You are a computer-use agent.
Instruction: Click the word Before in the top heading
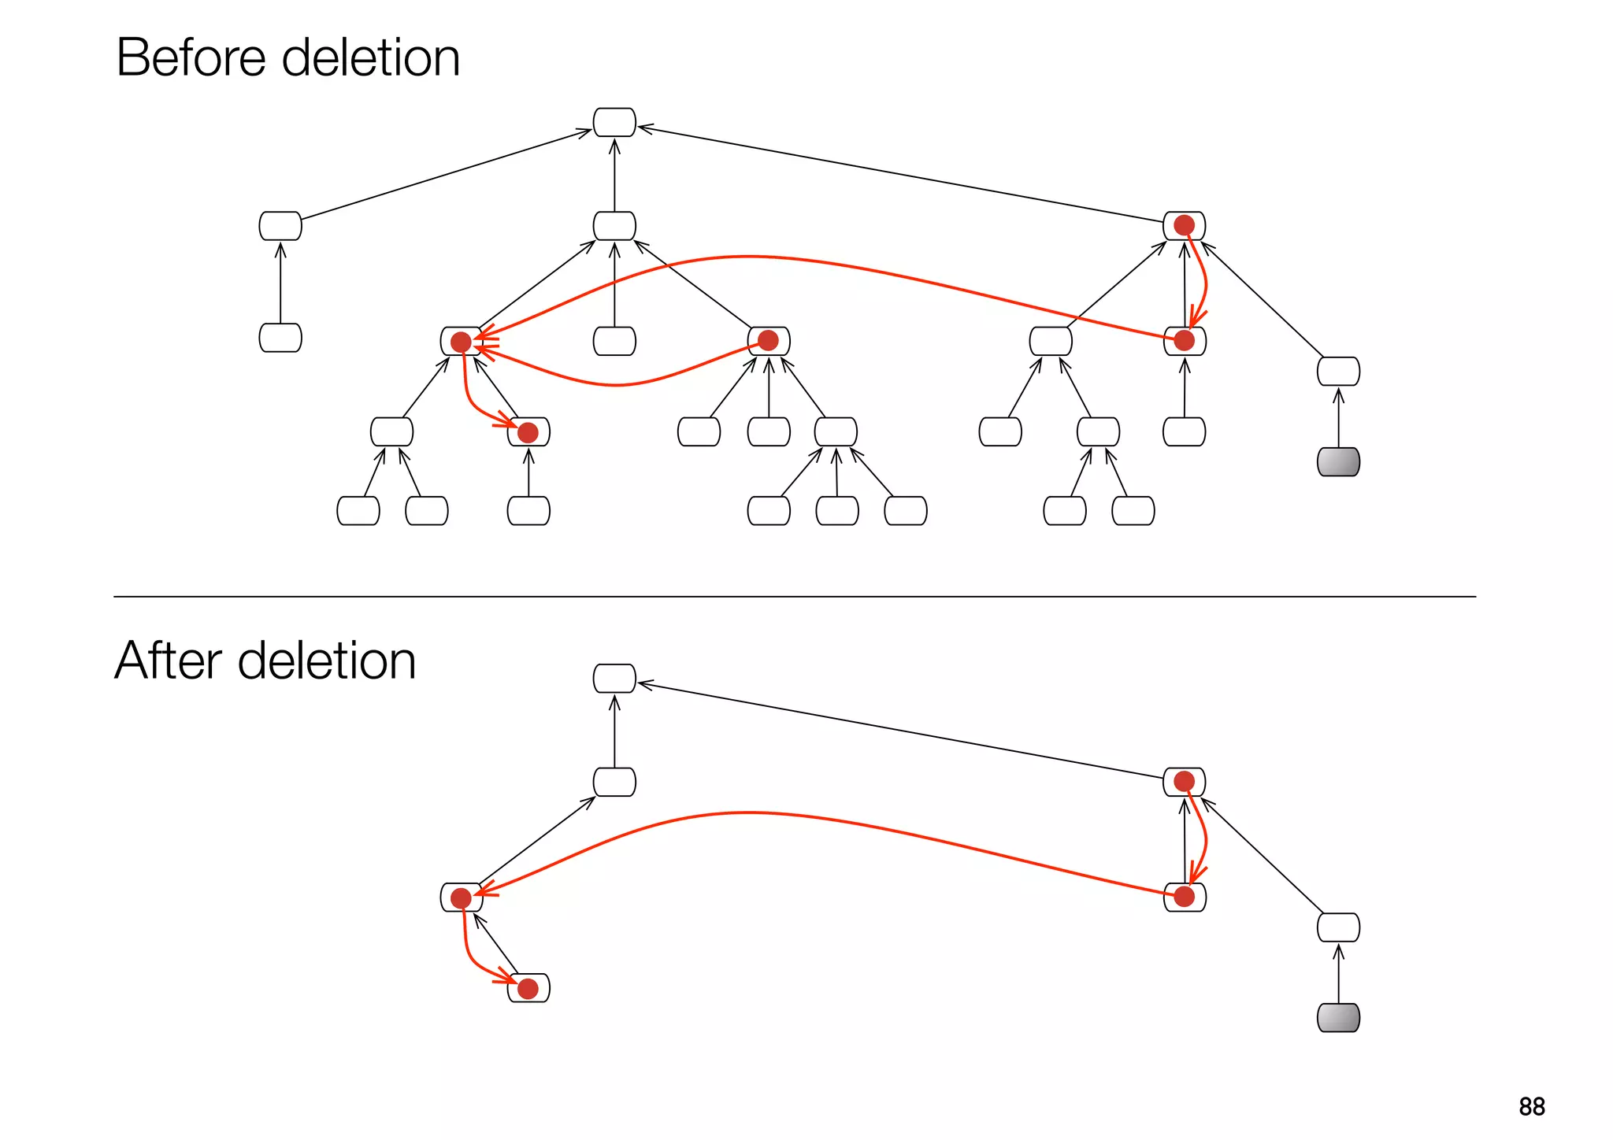pyautogui.click(x=191, y=58)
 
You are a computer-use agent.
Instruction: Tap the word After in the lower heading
pyautogui.click(x=168, y=661)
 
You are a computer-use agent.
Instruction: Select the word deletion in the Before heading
pyautogui.click(x=370, y=58)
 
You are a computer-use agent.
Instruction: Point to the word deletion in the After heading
pyautogui.click(x=326, y=661)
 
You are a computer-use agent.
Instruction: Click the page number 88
pyautogui.click(x=1531, y=1106)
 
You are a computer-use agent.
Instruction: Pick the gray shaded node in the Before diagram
pyautogui.click(x=1338, y=462)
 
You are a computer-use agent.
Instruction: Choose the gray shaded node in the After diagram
pyautogui.click(x=1338, y=1018)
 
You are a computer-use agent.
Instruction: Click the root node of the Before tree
pyautogui.click(x=614, y=123)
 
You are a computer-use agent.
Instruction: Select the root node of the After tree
pyautogui.click(x=614, y=679)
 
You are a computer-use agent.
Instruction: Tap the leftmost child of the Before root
pyautogui.click(x=280, y=226)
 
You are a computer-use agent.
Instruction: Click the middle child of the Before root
pyautogui.click(x=614, y=226)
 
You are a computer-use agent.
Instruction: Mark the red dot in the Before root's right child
pyautogui.click(x=1184, y=226)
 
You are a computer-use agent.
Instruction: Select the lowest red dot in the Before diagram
pyautogui.click(x=528, y=432)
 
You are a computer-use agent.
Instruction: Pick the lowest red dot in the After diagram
pyautogui.click(x=528, y=988)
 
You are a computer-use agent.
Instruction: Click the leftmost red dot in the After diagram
pyautogui.click(x=461, y=898)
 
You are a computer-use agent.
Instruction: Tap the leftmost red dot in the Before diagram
pyautogui.click(x=461, y=342)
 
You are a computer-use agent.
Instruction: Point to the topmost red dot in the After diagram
pyautogui.click(x=1184, y=781)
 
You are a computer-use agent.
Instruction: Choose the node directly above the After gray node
pyautogui.click(x=1338, y=927)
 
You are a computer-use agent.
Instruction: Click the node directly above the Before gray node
pyautogui.click(x=1338, y=372)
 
